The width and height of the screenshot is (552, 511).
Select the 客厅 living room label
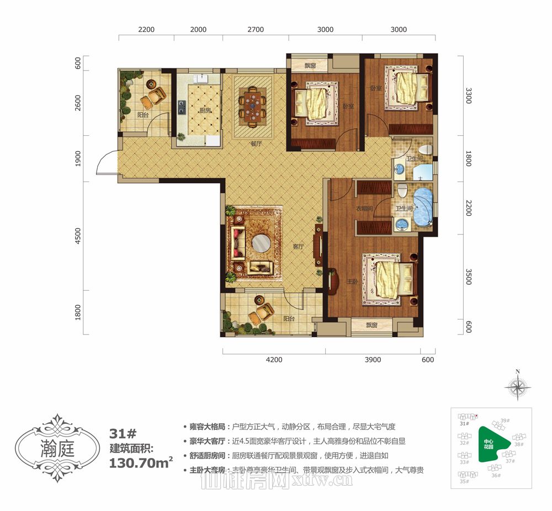click(x=299, y=247)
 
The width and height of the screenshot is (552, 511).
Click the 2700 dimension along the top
click(x=256, y=30)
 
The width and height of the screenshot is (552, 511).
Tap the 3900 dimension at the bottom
click(x=373, y=360)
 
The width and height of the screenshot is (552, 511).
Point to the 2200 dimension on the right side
click(x=469, y=207)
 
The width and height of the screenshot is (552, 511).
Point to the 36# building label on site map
click(x=496, y=475)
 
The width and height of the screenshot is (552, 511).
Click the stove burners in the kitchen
click(x=181, y=106)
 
